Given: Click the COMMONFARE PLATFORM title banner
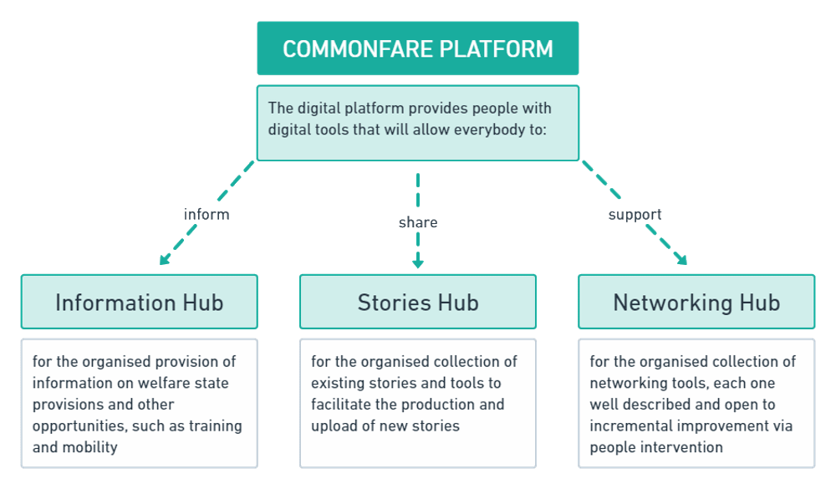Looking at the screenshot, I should (x=417, y=48).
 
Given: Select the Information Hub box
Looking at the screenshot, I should (x=139, y=302).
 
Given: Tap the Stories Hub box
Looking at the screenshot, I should (x=418, y=302).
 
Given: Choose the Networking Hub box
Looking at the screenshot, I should (x=696, y=302).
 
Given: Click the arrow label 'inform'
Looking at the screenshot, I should (x=206, y=215).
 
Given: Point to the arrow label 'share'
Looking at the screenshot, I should (x=418, y=222).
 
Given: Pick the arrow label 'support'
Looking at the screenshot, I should (x=635, y=215).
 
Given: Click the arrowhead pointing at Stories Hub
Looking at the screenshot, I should (x=418, y=262).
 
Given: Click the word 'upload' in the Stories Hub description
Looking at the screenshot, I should (x=334, y=425).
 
